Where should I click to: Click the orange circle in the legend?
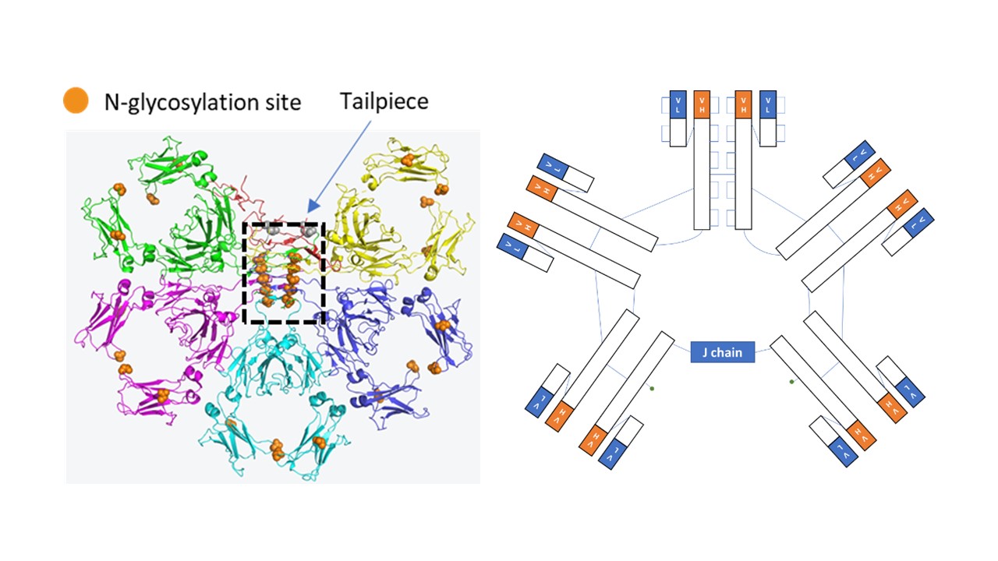pyautogui.click(x=76, y=101)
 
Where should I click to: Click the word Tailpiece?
pyautogui.click(x=384, y=101)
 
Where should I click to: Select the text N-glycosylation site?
pyautogui.click(x=203, y=101)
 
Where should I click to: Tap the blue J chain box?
pyautogui.click(x=722, y=352)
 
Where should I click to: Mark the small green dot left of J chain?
pyautogui.click(x=652, y=388)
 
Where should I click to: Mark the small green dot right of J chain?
pyautogui.click(x=791, y=382)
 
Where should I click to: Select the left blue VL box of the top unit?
pyautogui.click(x=678, y=104)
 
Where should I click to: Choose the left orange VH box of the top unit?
pyautogui.click(x=702, y=104)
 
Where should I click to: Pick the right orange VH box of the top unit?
pyautogui.click(x=744, y=104)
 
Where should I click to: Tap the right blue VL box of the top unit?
pyautogui.click(x=768, y=104)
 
